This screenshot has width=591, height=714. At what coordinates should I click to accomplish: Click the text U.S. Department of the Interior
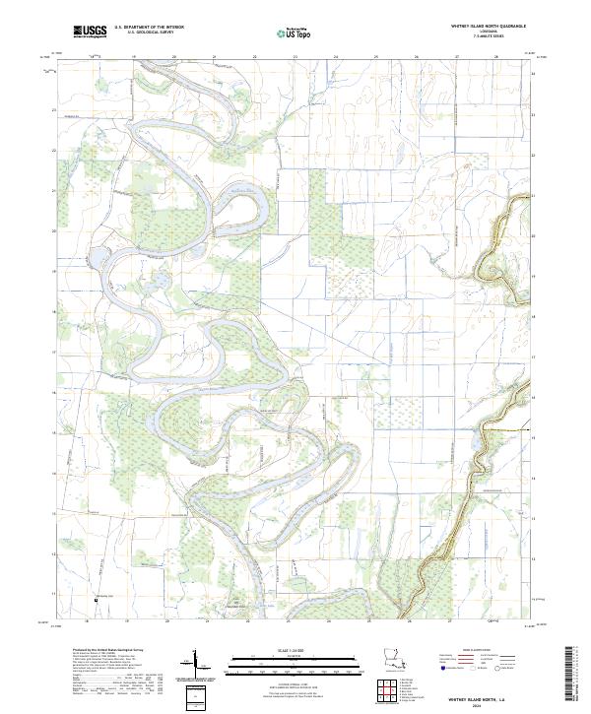click(149, 28)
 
